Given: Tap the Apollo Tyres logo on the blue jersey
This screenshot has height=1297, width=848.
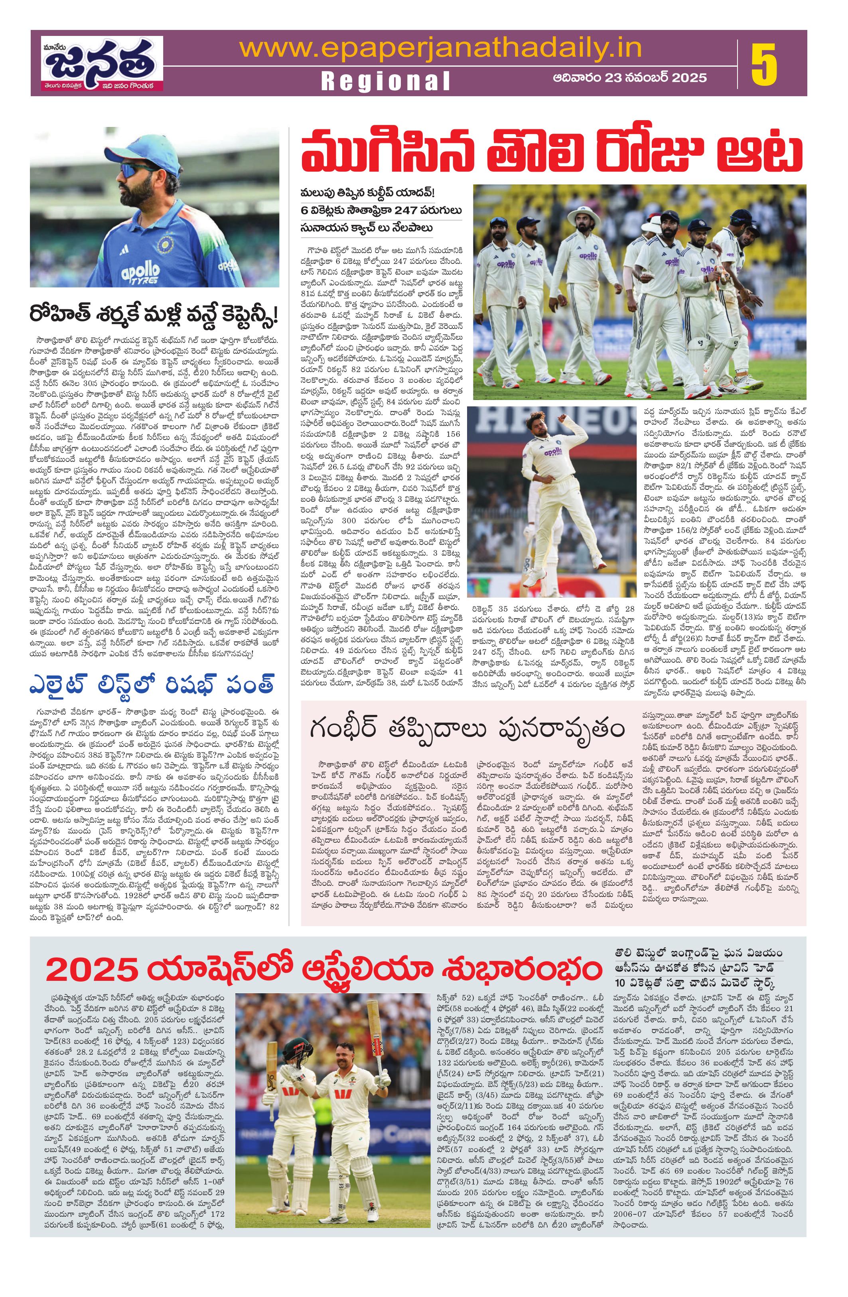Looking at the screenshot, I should [x=140, y=270].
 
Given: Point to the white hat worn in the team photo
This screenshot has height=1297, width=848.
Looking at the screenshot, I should [x=583, y=216].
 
